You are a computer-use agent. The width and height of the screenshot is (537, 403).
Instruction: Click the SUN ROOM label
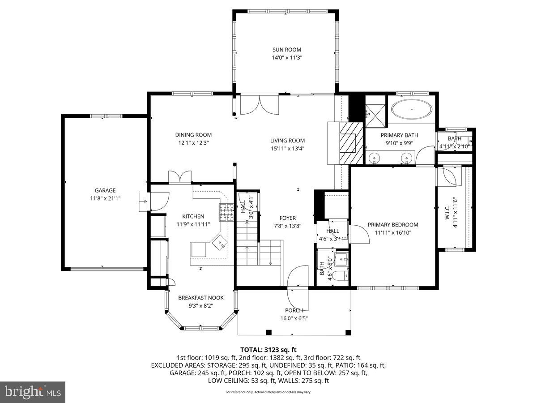(x=287, y=50)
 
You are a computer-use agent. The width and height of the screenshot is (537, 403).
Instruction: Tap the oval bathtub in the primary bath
(x=412, y=109)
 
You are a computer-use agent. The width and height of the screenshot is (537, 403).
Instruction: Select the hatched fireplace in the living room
(x=348, y=143)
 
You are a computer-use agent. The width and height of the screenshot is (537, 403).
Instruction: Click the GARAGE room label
(x=105, y=190)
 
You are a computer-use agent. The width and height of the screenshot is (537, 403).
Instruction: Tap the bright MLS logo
(x=33, y=392)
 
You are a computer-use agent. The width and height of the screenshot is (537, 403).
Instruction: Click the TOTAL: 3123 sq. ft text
(x=268, y=349)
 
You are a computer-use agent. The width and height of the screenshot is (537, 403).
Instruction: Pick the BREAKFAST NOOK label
(x=201, y=298)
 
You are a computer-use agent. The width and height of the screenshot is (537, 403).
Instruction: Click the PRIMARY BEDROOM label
(x=393, y=225)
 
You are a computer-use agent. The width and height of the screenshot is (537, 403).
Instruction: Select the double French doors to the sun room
(x=260, y=106)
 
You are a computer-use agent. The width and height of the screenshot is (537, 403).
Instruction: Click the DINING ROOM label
(x=193, y=135)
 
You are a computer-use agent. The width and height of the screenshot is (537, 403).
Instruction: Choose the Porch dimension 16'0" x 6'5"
(x=294, y=318)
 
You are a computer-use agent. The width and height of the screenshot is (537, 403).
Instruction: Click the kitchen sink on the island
(x=220, y=244)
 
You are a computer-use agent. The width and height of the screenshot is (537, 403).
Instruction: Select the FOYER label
(x=288, y=218)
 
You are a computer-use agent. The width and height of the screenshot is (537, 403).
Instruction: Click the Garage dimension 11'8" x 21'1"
(x=105, y=198)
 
